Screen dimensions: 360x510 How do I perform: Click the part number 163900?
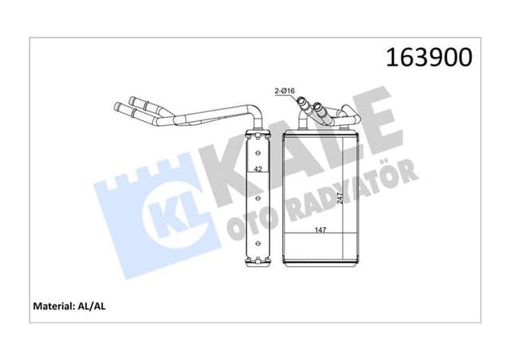click(x=430, y=57)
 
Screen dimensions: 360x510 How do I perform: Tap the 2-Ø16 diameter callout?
click(x=286, y=92)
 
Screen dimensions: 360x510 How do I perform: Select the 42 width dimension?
click(x=257, y=169)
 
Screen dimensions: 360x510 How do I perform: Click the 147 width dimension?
click(x=319, y=229)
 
